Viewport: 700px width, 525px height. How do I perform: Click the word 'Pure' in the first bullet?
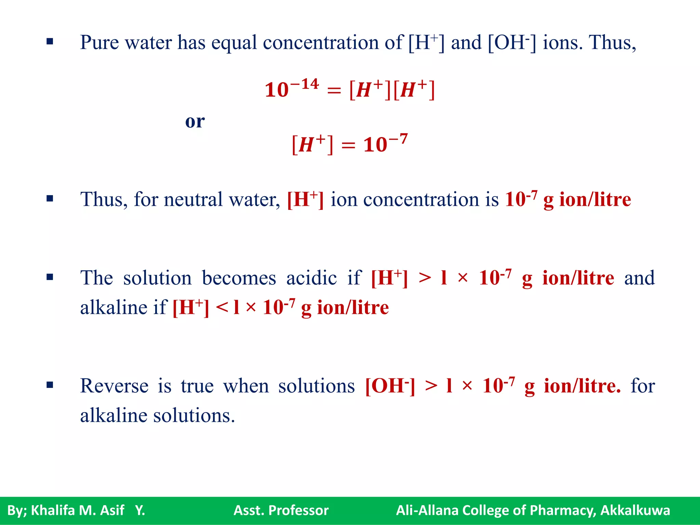click(x=99, y=43)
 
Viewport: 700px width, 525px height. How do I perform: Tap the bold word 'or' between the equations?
click(x=195, y=121)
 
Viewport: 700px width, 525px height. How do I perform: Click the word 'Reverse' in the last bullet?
click(x=114, y=386)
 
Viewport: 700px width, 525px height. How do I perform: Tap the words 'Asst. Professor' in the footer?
click(x=281, y=510)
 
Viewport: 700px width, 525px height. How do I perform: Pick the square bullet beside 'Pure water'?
click(x=50, y=42)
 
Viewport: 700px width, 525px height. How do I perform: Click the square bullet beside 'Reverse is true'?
click(x=50, y=385)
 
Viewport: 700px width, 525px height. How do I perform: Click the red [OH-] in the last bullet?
click(x=390, y=386)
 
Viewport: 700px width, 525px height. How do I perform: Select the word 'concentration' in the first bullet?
click(x=321, y=43)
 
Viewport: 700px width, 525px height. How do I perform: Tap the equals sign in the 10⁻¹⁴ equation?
click(x=334, y=91)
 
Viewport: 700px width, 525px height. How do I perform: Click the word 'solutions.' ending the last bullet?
click(x=194, y=416)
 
